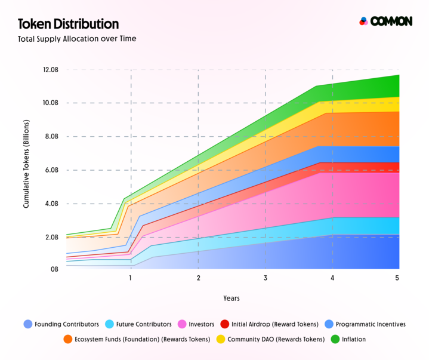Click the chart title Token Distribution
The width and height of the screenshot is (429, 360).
click(68, 24)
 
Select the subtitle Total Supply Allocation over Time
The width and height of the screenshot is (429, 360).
click(77, 39)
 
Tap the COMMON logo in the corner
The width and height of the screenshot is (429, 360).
click(385, 21)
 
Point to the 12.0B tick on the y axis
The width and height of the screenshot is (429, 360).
click(51, 70)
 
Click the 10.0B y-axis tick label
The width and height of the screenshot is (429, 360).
click(51, 103)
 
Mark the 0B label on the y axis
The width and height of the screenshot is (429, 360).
click(54, 270)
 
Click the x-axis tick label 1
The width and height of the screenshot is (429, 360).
click(131, 278)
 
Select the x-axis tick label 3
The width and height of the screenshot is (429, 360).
click(266, 278)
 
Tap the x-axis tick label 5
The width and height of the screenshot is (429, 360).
click(397, 278)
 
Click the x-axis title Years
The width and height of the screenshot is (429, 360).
click(232, 297)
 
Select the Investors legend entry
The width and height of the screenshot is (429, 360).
click(197, 324)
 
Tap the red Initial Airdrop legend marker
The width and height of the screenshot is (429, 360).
click(225, 324)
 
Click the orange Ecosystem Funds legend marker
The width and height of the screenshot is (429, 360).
click(68, 339)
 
